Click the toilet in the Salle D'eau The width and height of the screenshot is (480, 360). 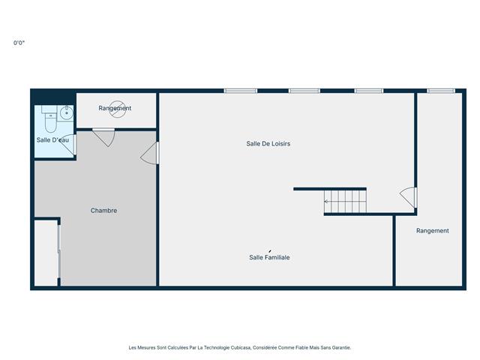[x=49, y=121]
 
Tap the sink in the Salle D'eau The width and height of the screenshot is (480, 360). [x=66, y=113]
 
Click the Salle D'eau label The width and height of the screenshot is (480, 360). [x=53, y=140]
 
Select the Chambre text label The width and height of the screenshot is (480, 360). [x=103, y=211]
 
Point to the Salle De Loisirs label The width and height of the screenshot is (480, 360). [x=268, y=143]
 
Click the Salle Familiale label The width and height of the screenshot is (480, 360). [x=269, y=257]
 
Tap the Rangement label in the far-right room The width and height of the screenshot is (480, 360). [x=432, y=231]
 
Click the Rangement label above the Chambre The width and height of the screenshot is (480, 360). [x=115, y=108]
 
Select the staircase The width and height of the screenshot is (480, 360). [x=345, y=202]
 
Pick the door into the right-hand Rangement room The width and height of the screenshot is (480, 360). [x=409, y=197]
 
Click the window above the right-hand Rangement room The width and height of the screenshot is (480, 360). [x=440, y=91]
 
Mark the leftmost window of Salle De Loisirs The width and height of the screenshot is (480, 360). [x=240, y=91]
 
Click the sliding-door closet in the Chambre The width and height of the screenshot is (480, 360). [x=47, y=252]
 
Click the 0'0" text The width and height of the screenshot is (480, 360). [x=20, y=43]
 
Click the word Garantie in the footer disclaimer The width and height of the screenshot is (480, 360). [x=340, y=347]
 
